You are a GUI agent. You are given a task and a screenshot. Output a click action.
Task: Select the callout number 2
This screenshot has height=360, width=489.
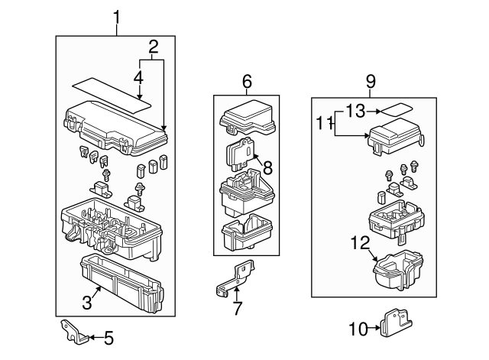coord(154,47)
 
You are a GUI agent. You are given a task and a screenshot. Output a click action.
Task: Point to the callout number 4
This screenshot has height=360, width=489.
coord(138,77)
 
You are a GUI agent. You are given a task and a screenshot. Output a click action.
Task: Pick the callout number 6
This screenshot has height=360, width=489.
coord(247,81)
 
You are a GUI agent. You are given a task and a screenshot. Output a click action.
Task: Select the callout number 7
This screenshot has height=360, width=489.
coord(237,308)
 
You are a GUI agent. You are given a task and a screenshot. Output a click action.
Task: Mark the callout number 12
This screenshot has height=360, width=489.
coord(360,244)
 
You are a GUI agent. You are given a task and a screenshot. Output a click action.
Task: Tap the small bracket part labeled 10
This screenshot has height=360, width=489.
coord(393,323)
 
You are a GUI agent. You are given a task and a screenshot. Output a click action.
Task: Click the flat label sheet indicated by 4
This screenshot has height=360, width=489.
coord(115,92)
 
